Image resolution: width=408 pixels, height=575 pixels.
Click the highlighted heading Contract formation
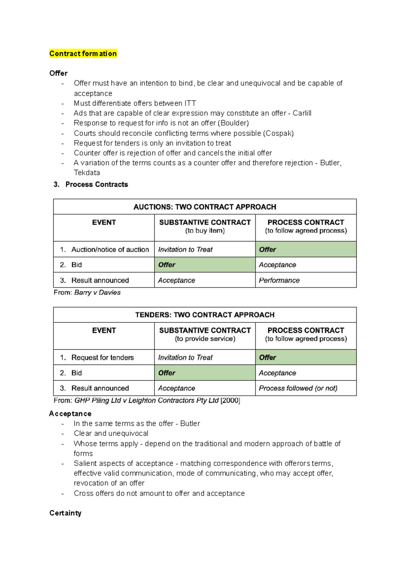[83, 54]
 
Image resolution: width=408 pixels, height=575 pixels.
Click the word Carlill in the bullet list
[302, 113]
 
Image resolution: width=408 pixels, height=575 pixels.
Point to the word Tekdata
[87, 173]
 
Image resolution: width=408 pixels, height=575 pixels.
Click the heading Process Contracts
[97, 184]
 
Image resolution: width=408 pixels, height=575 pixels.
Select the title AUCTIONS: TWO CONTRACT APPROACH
[205, 207]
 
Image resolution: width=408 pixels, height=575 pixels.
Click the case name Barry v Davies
[97, 292]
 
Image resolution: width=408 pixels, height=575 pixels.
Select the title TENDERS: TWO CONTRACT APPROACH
[205, 315]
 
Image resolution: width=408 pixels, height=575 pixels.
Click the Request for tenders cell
[102, 357]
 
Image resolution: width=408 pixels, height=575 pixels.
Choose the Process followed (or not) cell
[298, 388]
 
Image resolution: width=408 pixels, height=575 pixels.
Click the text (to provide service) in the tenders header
[205, 339]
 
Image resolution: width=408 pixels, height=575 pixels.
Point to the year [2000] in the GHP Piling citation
[230, 400]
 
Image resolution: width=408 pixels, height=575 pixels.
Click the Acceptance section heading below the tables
[70, 413]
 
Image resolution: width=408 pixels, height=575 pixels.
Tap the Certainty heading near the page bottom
[65, 513]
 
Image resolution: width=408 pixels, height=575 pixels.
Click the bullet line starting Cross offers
[159, 493]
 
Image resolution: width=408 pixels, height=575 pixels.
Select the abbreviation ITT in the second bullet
[190, 103]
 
